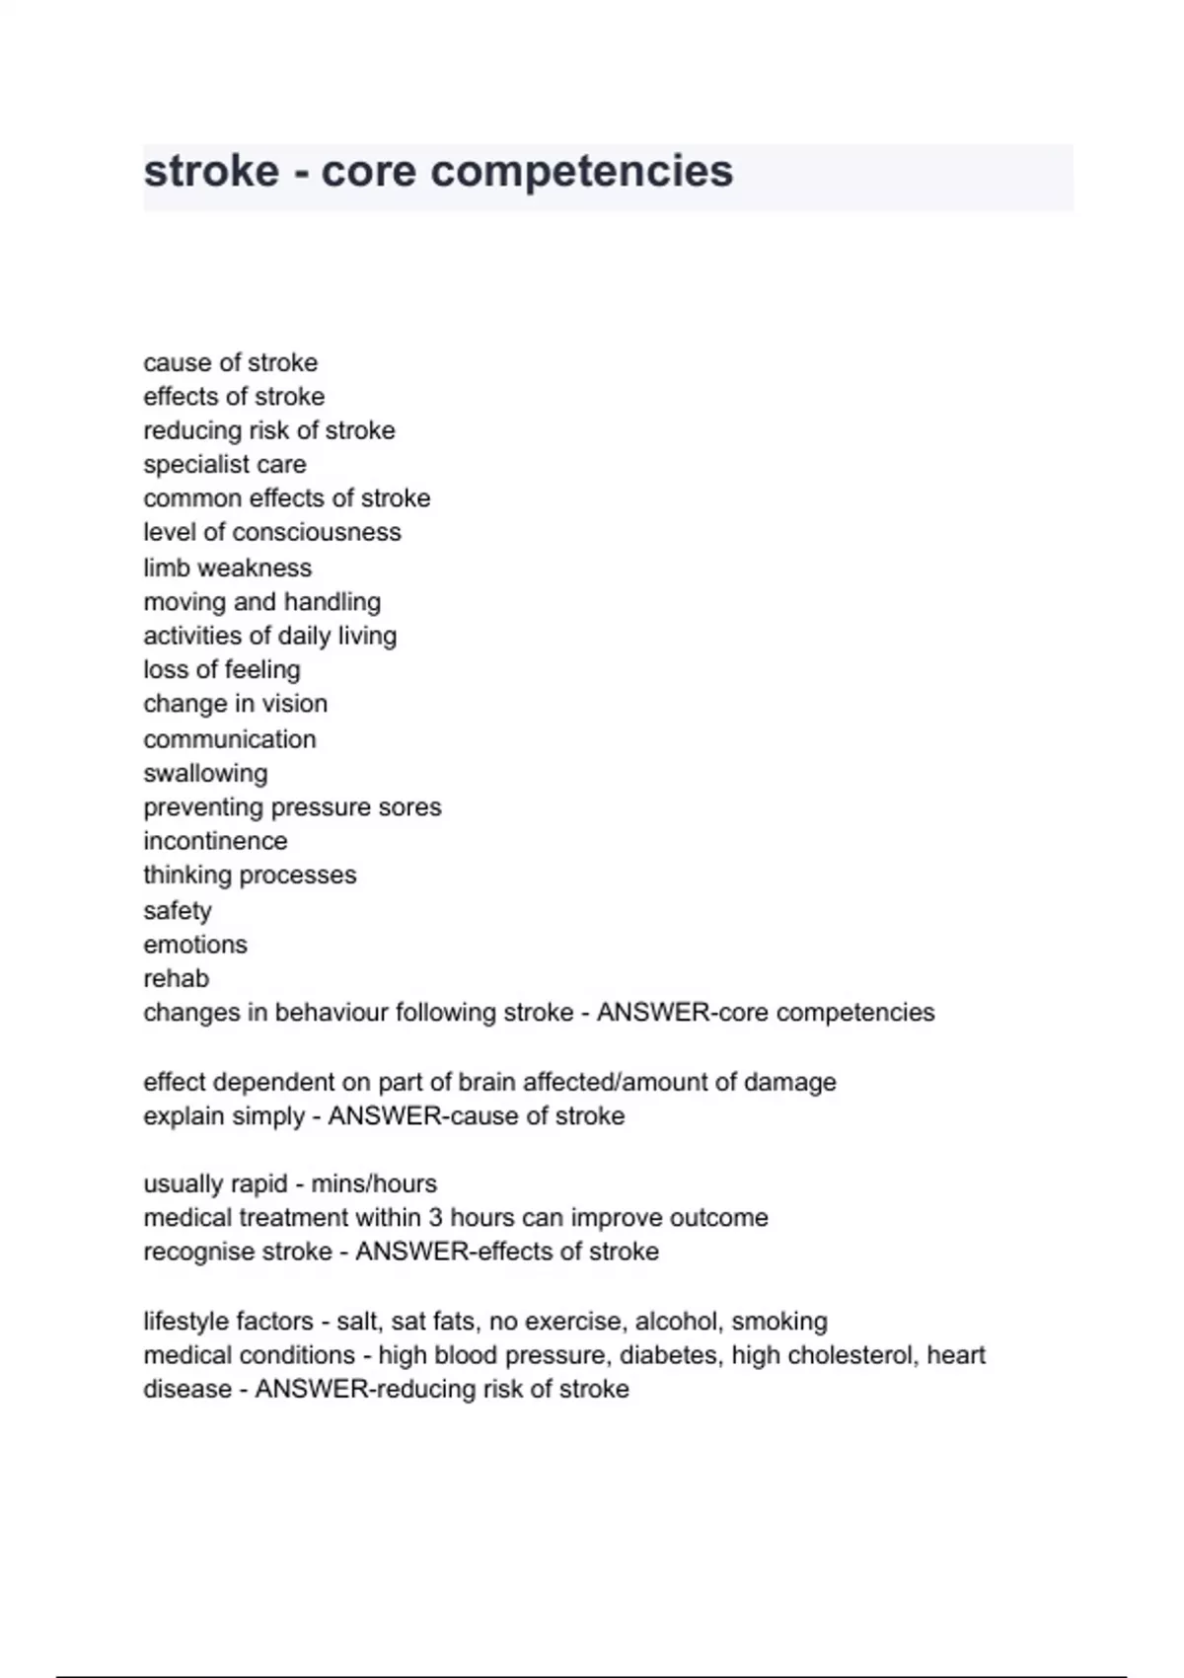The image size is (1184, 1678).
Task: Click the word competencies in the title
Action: tap(582, 173)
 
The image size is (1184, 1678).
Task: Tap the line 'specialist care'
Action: tap(225, 464)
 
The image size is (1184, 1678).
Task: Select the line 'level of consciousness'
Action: tap(272, 532)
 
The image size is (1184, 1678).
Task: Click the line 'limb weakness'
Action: tap(227, 568)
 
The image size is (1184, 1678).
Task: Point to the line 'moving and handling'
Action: tap(261, 601)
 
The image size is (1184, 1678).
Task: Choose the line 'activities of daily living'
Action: tap(269, 636)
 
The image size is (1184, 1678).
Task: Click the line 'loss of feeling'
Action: tap(222, 669)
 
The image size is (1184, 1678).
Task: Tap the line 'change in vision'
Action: tap(235, 704)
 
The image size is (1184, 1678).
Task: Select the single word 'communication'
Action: tap(230, 739)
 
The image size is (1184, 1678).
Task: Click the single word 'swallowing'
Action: tap(205, 773)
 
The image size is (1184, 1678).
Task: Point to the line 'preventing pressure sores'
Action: tap(292, 807)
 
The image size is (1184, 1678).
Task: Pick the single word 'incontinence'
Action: tap(215, 841)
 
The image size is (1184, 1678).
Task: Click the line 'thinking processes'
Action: tap(250, 876)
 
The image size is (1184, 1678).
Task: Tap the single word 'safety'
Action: tap(178, 910)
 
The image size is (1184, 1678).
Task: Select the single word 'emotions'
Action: tap(195, 945)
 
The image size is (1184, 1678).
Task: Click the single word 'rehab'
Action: tap(177, 978)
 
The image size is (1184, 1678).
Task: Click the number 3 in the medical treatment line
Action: tap(435, 1218)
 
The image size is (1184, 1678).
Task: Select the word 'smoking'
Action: tap(779, 1322)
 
